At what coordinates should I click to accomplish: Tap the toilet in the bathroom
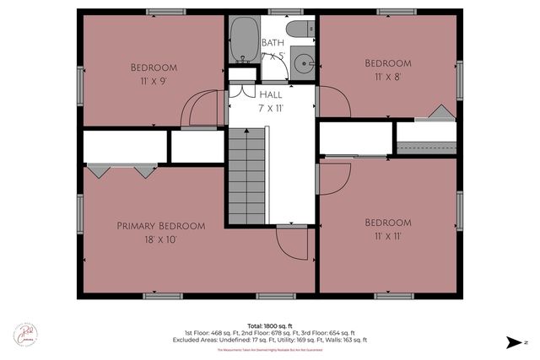click(297, 31)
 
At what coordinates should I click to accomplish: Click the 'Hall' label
click(271, 95)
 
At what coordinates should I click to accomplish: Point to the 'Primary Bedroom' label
click(160, 225)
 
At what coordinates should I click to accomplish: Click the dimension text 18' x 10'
click(160, 239)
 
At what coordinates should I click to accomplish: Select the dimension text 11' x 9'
click(153, 83)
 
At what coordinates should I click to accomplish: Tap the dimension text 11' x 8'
click(387, 78)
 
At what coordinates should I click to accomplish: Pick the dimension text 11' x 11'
click(387, 237)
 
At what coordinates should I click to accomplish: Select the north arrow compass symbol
click(516, 341)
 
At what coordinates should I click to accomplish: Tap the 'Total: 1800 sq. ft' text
click(269, 325)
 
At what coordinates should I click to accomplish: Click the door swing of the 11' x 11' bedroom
click(335, 177)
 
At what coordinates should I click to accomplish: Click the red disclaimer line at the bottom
click(269, 349)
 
